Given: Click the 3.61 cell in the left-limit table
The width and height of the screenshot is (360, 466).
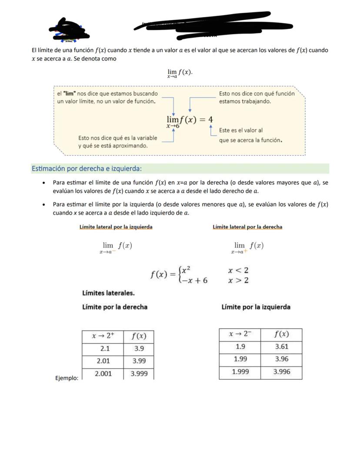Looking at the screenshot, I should (281, 347).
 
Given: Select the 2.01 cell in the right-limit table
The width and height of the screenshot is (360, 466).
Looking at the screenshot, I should (103, 361).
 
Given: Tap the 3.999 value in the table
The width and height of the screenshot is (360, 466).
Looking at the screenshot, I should (139, 373).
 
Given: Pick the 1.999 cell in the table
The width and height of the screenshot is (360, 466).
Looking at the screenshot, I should (240, 372).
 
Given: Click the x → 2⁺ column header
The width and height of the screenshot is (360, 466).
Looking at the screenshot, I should (103, 336).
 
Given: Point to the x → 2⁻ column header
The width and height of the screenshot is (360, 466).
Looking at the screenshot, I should (240, 334).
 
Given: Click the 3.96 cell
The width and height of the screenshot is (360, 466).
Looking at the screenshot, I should (281, 359).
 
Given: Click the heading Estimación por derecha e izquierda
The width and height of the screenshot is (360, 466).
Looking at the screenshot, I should (87, 168).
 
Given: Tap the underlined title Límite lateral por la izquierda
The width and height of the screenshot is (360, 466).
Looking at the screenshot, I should (116, 227).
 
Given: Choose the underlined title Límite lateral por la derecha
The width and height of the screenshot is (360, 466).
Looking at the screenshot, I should (247, 227).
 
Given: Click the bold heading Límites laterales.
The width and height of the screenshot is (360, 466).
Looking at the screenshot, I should (108, 293).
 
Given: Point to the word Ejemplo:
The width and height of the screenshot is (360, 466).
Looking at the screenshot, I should (67, 378).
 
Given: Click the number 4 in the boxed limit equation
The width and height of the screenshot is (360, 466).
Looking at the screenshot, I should (210, 120).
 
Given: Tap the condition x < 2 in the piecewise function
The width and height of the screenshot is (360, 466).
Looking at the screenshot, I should (238, 270).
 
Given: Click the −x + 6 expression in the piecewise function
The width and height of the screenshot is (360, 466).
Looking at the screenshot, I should (195, 280).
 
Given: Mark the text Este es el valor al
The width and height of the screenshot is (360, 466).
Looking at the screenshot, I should (241, 130).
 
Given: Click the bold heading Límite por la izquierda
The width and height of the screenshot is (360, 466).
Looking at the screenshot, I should (256, 307).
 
